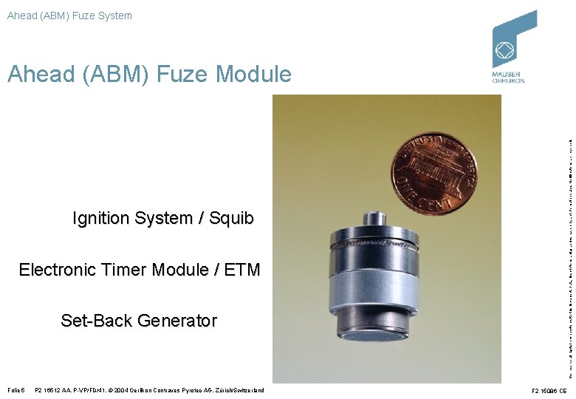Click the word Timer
pyautogui.click(x=124, y=270)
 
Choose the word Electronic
pyautogui.click(x=56, y=270)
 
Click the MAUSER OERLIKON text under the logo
pyautogui.click(x=508, y=78)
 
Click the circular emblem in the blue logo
pyautogui.click(x=506, y=51)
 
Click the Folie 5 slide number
pyautogui.click(x=16, y=390)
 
